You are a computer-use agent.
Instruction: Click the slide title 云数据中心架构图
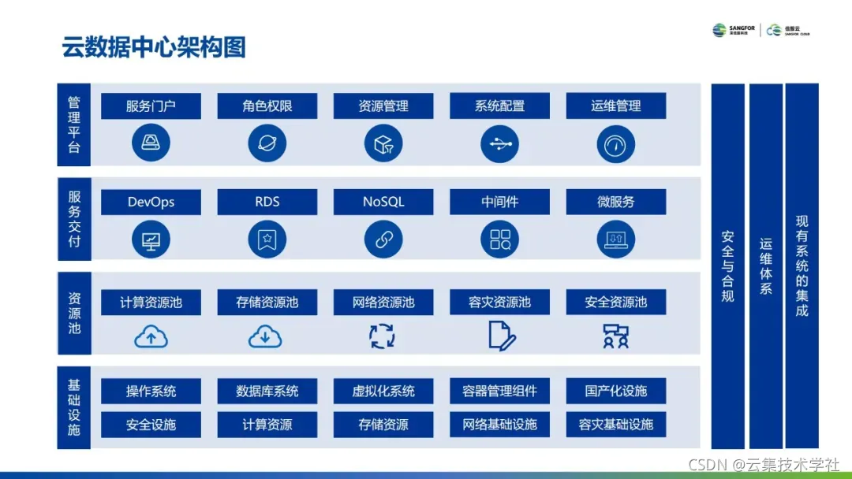154,47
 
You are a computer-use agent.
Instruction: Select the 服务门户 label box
151,106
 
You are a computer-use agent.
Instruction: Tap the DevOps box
151,202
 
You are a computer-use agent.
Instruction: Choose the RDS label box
267,202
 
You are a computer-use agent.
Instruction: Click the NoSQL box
383,202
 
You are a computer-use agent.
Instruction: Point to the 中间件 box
499,202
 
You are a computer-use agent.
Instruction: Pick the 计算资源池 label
151,303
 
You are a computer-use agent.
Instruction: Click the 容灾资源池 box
499,303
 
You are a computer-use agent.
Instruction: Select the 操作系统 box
151,392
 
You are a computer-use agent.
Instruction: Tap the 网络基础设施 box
499,425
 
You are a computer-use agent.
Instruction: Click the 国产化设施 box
615,392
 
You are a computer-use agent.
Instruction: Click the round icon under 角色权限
267,143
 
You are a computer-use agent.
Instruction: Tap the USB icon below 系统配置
499,143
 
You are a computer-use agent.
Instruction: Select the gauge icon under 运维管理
615,143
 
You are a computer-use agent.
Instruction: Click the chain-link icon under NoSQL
383,239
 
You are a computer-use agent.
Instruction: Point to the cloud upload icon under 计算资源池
151,336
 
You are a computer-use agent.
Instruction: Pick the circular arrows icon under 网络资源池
383,336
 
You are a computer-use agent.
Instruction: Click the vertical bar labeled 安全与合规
727,265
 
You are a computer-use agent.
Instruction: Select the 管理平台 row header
73,124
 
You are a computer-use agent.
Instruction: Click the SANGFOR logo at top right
734,31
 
